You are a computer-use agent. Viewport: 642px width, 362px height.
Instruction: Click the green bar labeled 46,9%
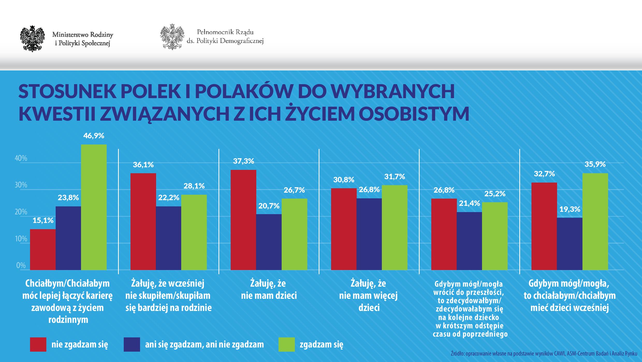pyautogui.click(x=94, y=207)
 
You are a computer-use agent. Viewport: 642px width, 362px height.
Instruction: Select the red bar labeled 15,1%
pyautogui.click(x=43, y=249)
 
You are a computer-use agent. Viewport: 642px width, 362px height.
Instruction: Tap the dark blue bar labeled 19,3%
pyautogui.click(x=570, y=244)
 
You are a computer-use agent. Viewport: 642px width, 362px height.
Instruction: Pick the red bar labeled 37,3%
pyautogui.click(x=243, y=220)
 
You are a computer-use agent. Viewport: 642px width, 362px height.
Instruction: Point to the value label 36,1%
pyautogui.click(x=143, y=165)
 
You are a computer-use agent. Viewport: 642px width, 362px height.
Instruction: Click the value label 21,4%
pyautogui.click(x=469, y=204)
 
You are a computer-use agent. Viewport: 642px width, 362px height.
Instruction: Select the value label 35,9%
pyautogui.click(x=595, y=164)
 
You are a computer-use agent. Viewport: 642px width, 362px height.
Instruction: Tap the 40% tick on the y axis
pyautogui.click(x=21, y=158)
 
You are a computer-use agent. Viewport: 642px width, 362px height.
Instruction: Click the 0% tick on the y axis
pyautogui.click(x=21, y=266)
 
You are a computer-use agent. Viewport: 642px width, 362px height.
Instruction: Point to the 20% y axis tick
pyautogui.click(x=21, y=212)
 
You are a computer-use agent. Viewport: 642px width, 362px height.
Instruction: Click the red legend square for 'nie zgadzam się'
pyautogui.click(x=38, y=344)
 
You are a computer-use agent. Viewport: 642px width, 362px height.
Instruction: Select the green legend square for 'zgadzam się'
pyautogui.click(x=286, y=344)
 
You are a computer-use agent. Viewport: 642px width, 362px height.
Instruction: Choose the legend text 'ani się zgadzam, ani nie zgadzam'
pyautogui.click(x=204, y=344)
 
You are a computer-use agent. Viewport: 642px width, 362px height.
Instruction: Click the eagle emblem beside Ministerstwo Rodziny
pyautogui.click(x=32, y=39)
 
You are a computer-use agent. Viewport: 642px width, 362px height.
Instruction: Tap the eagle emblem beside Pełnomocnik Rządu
pyautogui.click(x=172, y=37)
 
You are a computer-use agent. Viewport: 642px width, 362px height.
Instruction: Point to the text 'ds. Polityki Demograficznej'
pyautogui.click(x=225, y=41)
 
